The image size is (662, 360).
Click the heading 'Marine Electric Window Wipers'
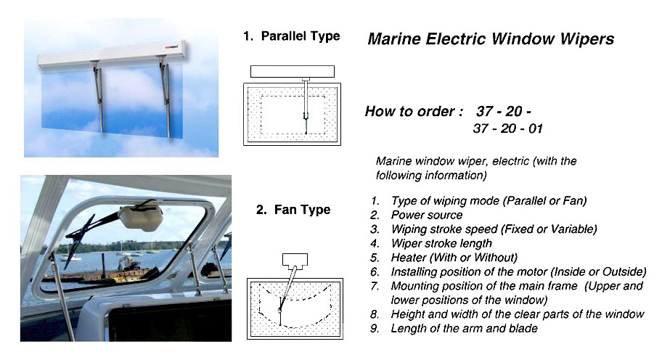pos(491,39)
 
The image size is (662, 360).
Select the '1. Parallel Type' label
pos(291,36)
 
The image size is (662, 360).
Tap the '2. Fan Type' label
pos(293,210)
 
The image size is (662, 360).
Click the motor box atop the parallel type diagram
pos(292,71)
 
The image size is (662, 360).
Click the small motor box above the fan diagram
pos(293,259)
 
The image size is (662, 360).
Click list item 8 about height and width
pos(518,314)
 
